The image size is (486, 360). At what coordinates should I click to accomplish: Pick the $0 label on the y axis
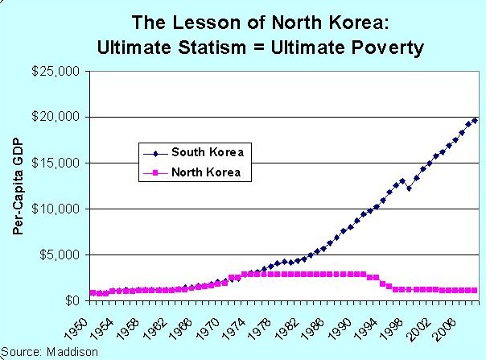pos(72,300)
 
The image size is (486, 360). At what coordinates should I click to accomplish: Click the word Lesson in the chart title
pos(212,21)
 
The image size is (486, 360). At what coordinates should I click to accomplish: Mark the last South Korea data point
pos(475,120)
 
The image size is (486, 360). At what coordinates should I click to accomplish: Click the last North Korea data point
pos(475,290)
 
